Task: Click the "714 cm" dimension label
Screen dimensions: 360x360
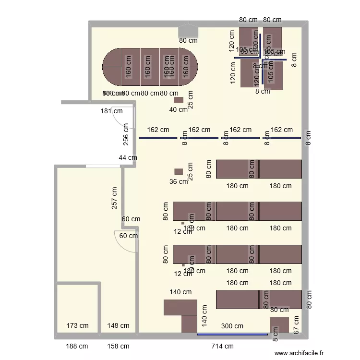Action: [223, 346]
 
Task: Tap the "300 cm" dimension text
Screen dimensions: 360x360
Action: [232, 326]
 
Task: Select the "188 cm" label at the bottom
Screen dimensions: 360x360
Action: [77, 346]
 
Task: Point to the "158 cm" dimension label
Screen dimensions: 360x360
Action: [118, 346]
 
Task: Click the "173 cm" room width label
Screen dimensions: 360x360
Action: [78, 326]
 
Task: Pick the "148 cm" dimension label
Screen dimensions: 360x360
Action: [118, 326]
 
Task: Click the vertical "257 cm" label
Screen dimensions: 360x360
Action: [114, 197]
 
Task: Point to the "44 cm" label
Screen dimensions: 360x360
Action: [128, 157]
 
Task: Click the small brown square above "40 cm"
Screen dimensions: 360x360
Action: [179, 100]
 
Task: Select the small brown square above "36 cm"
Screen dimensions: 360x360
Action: [179, 171]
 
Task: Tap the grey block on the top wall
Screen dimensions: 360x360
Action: [188, 32]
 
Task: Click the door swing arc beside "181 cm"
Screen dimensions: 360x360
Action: [117, 117]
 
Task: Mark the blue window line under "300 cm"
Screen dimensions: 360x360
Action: [232, 334]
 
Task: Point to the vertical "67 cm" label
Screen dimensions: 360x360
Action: [296, 324]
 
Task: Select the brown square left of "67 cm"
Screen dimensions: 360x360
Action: [279, 324]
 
